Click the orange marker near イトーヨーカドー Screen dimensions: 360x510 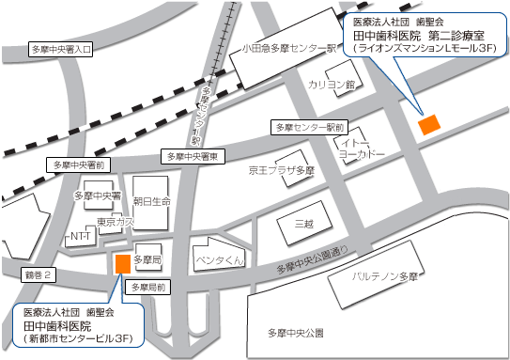428,124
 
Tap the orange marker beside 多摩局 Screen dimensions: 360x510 122,263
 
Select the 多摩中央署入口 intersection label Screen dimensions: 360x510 61,48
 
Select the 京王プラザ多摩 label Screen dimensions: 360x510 281,171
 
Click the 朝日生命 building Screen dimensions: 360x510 151,201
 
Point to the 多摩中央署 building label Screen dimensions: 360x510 98,197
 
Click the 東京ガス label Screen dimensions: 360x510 116,223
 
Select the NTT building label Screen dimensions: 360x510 79,239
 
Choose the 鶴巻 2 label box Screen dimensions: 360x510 39,274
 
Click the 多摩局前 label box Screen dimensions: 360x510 148,287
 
